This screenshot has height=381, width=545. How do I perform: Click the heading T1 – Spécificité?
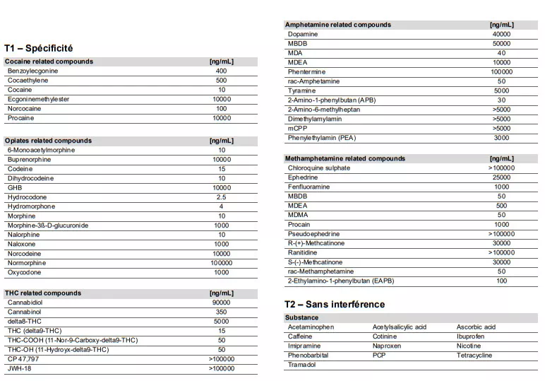pyautogui.click(x=38, y=48)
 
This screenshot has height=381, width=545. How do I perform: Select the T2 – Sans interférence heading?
pyautogui.click(x=335, y=304)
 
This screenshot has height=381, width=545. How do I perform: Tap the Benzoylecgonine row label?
pyautogui.click(x=32, y=71)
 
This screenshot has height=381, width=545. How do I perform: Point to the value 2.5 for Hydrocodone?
pyautogui.click(x=222, y=197)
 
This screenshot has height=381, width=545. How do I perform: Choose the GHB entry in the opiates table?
pyautogui.click(x=14, y=188)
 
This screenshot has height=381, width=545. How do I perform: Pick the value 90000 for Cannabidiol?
pyautogui.click(x=222, y=303)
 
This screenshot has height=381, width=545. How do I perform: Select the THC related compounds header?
pyautogui.click(x=42, y=293)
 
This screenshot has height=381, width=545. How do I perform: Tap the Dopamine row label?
pyautogui.click(x=303, y=34)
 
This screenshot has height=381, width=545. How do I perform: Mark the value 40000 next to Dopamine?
pyautogui.click(x=501, y=34)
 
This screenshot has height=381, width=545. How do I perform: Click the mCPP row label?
pyautogui.click(x=297, y=128)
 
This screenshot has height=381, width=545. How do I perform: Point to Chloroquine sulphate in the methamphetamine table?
pyautogui.click(x=318, y=168)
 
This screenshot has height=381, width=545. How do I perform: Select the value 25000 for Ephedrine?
pyautogui.click(x=501, y=177)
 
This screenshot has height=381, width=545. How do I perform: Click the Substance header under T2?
pyautogui.click(x=301, y=317)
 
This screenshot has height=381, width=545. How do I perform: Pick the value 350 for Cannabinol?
pyautogui.click(x=222, y=312)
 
